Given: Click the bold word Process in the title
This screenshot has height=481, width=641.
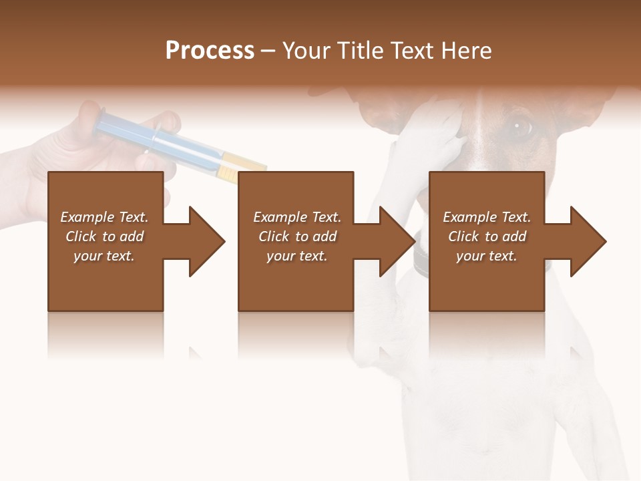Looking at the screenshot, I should pyautogui.click(x=210, y=51).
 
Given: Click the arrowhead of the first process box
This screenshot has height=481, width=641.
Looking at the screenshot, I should pyautogui.click(x=208, y=241).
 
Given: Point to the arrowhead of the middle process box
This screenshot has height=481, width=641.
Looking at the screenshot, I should pyautogui.click(x=398, y=241).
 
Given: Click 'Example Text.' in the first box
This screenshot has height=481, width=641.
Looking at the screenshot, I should pyautogui.click(x=105, y=217).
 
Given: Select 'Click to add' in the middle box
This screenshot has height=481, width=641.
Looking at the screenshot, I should pyautogui.click(x=297, y=236).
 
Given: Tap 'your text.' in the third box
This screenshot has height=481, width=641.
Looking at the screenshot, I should pyautogui.click(x=487, y=256).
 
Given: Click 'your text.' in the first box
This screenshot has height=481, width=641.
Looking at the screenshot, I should pyautogui.click(x=105, y=256).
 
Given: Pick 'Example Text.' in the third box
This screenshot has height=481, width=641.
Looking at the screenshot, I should pyautogui.click(x=487, y=217).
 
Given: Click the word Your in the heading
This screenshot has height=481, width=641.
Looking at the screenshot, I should pyautogui.click(x=305, y=51).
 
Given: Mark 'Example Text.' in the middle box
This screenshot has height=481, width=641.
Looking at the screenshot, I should pyautogui.click(x=297, y=217).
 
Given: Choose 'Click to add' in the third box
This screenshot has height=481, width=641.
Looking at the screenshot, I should pyautogui.click(x=487, y=236).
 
